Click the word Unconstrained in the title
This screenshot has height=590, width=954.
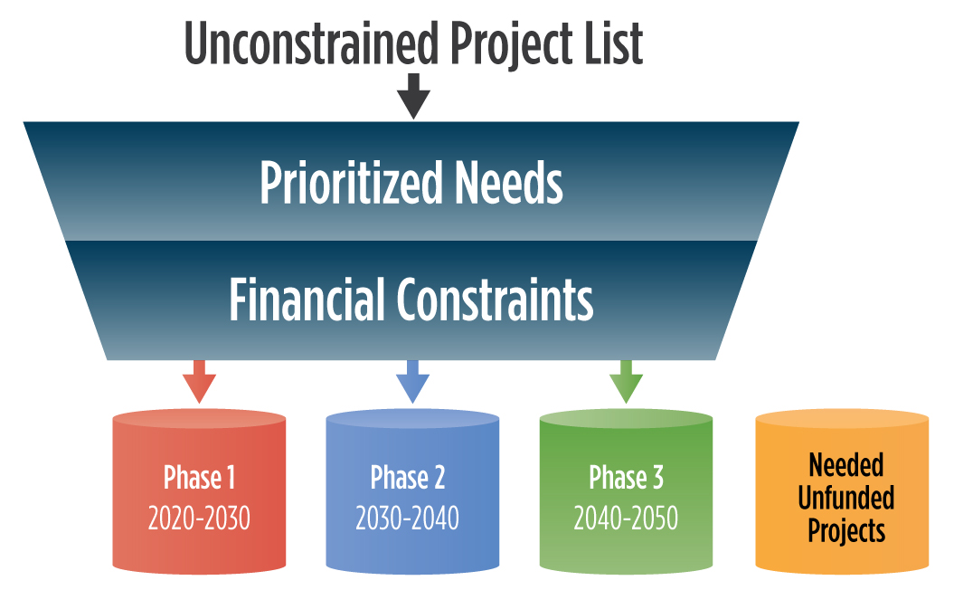(311, 43)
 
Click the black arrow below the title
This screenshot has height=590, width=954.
(414, 96)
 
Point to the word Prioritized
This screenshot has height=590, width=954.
(351, 182)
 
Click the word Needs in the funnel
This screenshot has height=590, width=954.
(508, 182)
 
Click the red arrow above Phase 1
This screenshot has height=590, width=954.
(199, 381)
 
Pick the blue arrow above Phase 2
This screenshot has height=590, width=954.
(412, 381)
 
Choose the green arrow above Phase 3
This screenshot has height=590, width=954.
(626, 381)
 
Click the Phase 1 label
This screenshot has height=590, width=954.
(199, 478)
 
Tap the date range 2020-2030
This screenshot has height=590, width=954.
(199, 519)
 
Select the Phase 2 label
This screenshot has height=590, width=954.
(408, 478)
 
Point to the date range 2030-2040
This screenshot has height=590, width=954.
(407, 519)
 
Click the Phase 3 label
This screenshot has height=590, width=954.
(626, 478)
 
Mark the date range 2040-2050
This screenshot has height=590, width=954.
(626, 519)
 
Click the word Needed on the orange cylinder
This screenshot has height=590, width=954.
(845, 466)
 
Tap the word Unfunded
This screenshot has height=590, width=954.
(845, 498)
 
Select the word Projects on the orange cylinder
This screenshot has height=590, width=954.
(845, 531)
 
